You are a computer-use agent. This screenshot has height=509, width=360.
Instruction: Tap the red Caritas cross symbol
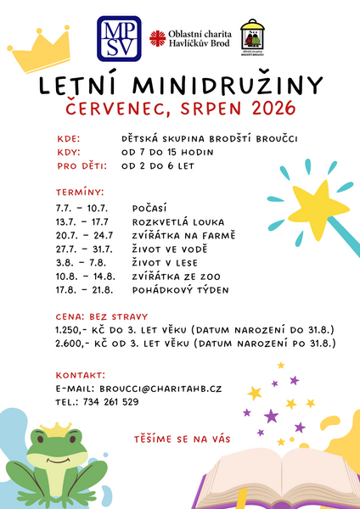pyautogui.click(x=156, y=38)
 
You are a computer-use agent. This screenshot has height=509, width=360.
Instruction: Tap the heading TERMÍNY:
pyautogui.click(x=80, y=193)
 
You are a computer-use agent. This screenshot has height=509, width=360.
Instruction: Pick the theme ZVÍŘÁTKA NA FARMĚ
pyautogui.click(x=183, y=235)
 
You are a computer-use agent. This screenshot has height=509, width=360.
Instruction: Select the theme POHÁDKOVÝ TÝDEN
pyautogui.click(x=180, y=290)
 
